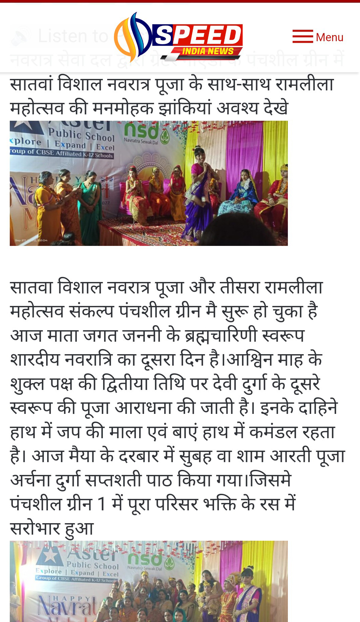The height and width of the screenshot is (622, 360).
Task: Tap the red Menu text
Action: [329, 37]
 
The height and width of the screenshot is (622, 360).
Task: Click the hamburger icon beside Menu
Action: [302, 36]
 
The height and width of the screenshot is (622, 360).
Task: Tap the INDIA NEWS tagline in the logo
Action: [208, 51]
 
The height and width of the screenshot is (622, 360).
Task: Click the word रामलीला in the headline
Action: [304, 84]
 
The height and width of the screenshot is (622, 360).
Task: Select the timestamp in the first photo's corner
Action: [31, 241]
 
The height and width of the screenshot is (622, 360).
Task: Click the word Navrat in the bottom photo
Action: [67, 605]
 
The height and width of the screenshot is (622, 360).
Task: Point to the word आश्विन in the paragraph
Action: [250, 360]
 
